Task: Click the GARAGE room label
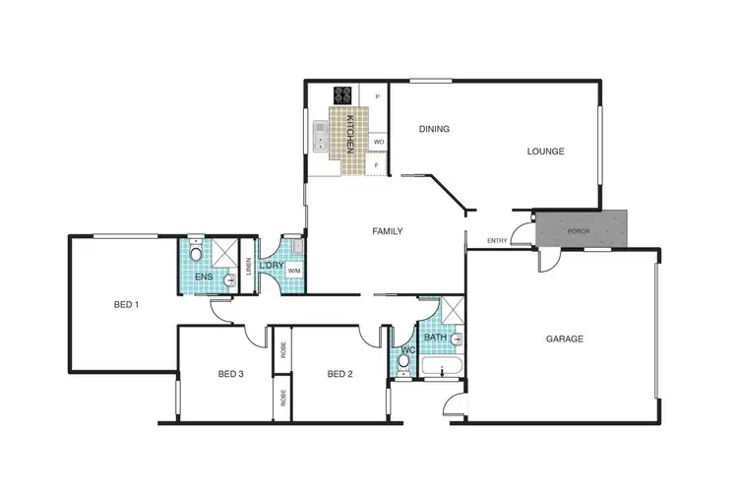click(565, 340)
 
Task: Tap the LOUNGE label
click(545, 152)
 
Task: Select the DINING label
click(434, 129)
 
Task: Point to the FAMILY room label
click(387, 232)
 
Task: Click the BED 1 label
click(124, 305)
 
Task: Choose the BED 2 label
click(339, 374)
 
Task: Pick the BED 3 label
click(230, 374)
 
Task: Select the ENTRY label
click(497, 242)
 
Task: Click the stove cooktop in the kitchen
click(343, 95)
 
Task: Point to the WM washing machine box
click(293, 271)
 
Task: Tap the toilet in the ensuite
click(196, 256)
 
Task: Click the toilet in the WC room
click(403, 362)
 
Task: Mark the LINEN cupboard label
click(249, 266)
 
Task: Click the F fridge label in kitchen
click(377, 165)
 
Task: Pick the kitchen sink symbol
click(320, 144)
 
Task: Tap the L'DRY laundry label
click(272, 266)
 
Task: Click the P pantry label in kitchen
click(377, 96)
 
